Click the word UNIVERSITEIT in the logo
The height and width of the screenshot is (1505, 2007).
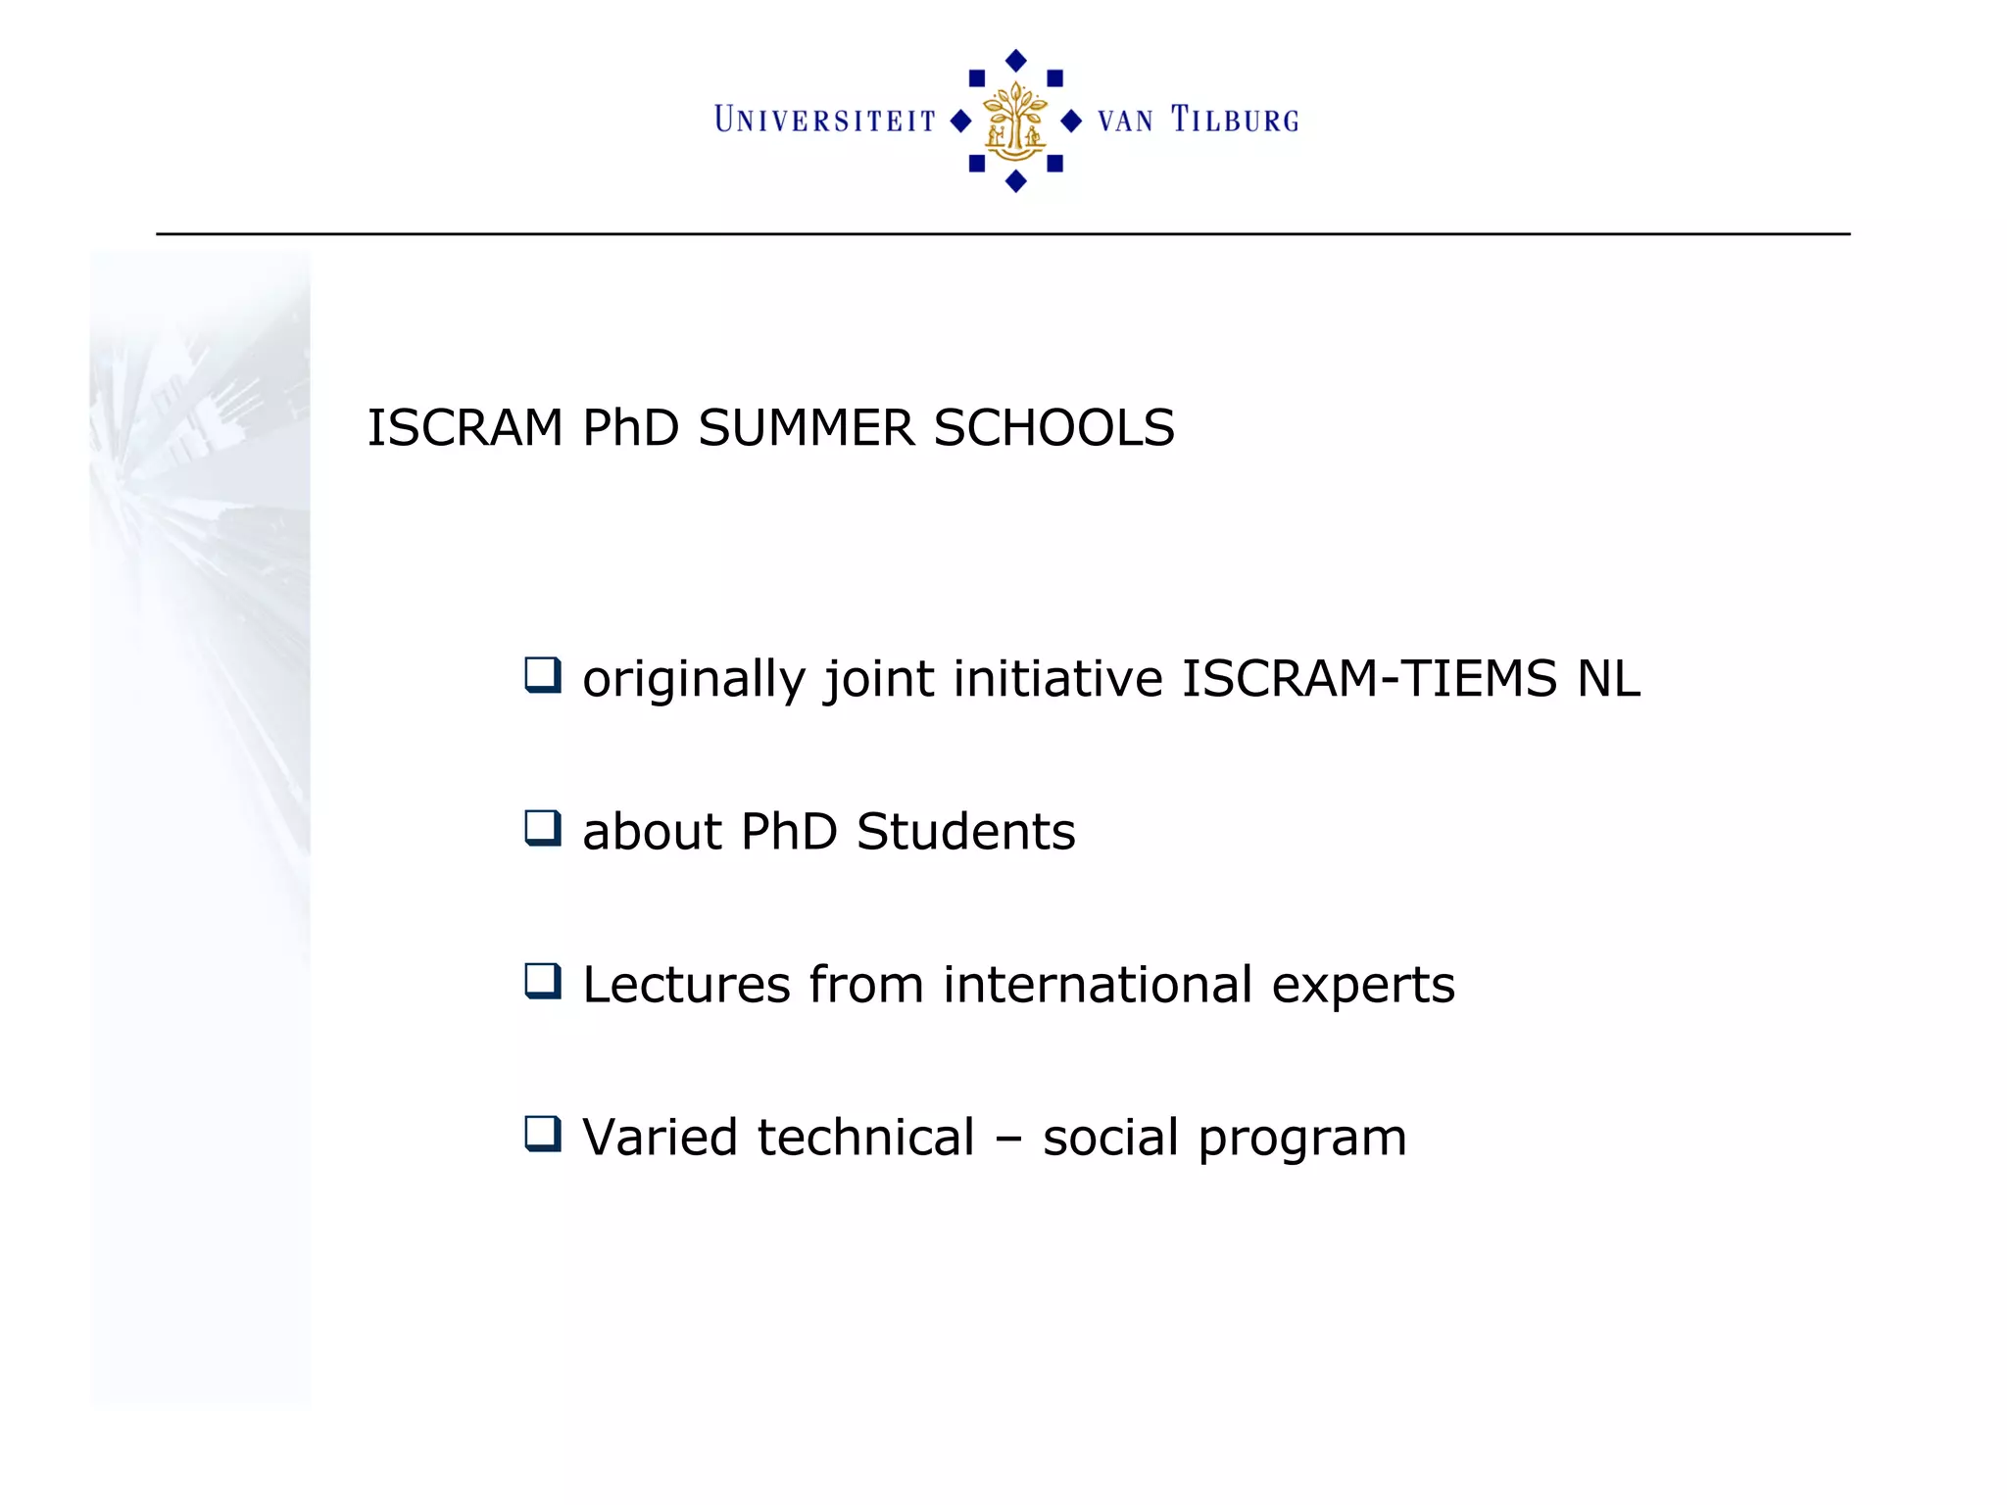tap(825, 120)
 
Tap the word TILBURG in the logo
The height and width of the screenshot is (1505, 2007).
tap(1235, 120)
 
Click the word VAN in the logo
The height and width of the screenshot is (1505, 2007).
tap(1125, 121)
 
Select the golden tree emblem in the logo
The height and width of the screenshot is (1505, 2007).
tap(1015, 121)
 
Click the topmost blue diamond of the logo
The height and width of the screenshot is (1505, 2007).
tap(1016, 61)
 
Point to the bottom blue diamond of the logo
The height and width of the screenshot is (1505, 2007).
tap(1016, 181)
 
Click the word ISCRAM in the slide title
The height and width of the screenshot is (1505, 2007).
tap(465, 428)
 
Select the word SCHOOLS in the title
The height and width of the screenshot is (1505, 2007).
tap(1053, 428)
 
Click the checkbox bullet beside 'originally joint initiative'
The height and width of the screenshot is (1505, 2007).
tap(542, 675)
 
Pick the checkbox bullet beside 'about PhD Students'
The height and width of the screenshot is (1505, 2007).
tap(542, 828)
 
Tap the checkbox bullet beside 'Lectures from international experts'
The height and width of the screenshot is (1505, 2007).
tap(542, 981)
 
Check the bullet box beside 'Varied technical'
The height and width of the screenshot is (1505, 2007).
tap(542, 1134)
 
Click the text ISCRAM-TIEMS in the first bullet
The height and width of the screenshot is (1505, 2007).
tap(1369, 679)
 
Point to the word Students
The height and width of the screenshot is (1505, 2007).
tap(965, 832)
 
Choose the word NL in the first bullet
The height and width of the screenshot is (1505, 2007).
tap(1608, 679)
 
